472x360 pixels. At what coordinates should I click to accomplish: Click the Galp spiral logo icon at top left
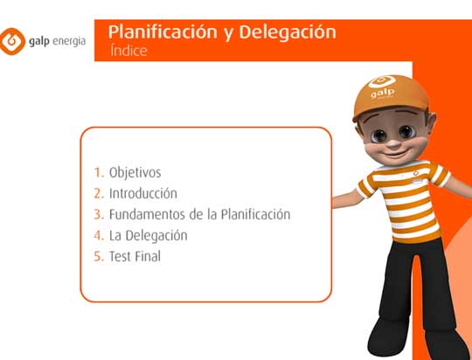click(12, 42)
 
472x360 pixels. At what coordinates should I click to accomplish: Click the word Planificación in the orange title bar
click(163, 32)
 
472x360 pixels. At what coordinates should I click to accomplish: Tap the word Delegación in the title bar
click(288, 32)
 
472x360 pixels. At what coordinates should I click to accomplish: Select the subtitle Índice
click(128, 51)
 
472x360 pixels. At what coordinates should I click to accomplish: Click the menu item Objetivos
click(135, 173)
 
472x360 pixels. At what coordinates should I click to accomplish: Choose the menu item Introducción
click(143, 193)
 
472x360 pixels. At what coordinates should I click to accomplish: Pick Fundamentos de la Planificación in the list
click(199, 214)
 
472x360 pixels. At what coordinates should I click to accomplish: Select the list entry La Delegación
click(148, 236)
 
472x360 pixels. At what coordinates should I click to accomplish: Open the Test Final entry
click(135, 256)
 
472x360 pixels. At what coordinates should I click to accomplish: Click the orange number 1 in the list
click(99, 173)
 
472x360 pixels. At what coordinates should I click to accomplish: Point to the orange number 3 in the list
click(99, 215)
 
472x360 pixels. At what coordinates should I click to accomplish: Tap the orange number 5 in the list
click(99, 256)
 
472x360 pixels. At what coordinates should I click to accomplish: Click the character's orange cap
click(391, 97)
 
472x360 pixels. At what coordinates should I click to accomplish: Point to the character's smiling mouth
click(394, 155)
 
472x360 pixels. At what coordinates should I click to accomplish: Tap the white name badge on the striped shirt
click(417, 181)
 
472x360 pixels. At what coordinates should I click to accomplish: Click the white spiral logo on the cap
click(382, 81)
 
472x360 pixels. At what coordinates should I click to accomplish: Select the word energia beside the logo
click(69, 41)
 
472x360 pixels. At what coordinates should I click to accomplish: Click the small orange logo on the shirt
click(416, 172)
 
